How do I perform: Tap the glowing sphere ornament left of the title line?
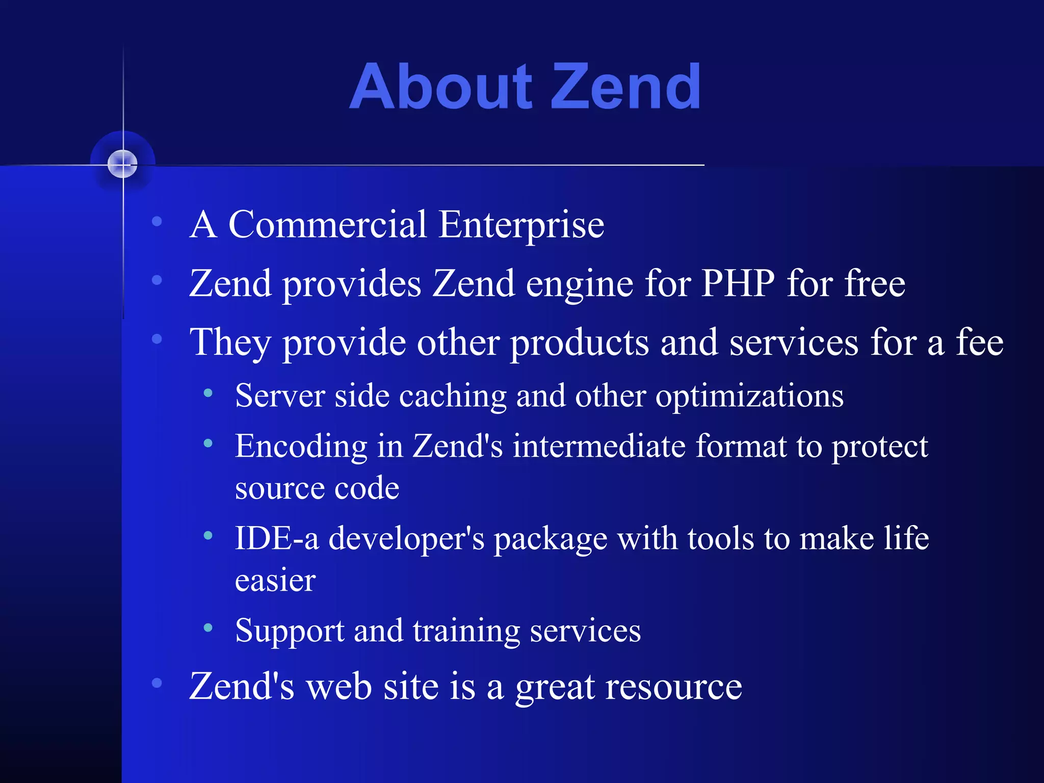123,164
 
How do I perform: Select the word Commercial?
327,225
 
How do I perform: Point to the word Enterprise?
521,226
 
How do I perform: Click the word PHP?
738,283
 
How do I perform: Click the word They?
230,343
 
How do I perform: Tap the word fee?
979,342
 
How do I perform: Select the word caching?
453,397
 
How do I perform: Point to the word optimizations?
749,397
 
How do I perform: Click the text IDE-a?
277,538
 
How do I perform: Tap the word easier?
275,581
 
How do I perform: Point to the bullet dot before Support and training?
208,628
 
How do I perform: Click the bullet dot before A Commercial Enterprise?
157,221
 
